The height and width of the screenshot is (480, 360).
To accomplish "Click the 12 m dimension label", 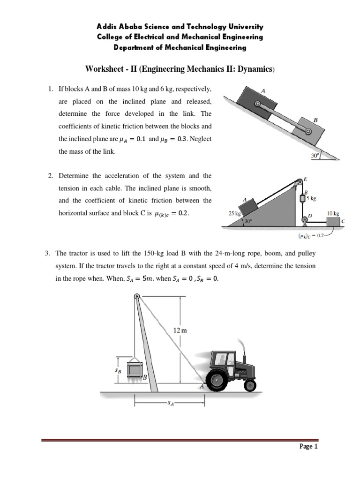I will tap(180, 330).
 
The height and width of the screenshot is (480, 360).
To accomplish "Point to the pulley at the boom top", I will tap(136, 296).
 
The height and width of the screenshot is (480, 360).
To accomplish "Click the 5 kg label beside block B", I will tap(311, 198).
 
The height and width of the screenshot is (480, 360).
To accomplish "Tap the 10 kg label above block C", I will tap(333, 213).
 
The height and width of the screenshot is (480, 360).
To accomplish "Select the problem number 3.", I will tap(47, 254).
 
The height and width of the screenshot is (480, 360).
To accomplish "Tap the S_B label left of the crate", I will tap(118, 369).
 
